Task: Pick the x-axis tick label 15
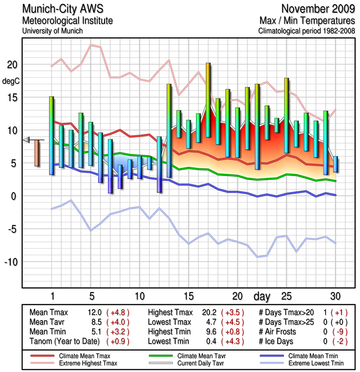[x=188, y=296]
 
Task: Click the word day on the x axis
[x=262, y=296]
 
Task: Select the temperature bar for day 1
[x=52, y=135]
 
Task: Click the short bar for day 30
[x=335, y=164]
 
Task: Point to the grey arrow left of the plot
[x=26, y=139]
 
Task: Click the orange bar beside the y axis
[x=37, y=153]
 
